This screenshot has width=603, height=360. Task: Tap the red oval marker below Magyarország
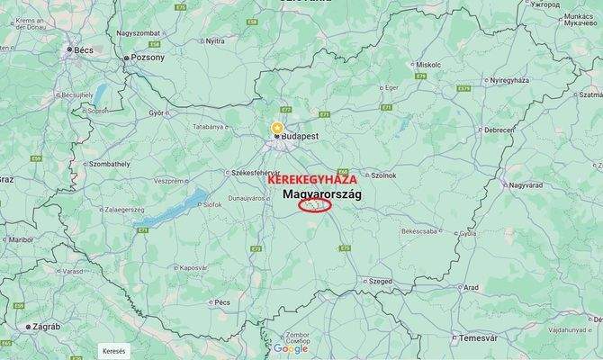point(313,204)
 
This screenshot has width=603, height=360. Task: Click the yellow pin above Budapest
point(277,127)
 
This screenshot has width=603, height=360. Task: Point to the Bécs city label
point(85,49)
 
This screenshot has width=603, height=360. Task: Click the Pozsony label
point(148,58)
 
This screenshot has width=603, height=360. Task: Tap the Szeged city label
point(380,281)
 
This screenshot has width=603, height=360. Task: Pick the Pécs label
point(222,302)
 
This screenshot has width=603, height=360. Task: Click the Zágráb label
point(44,328)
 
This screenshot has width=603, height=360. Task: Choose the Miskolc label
point(428,65)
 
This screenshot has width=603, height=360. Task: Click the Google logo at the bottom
point(290,349)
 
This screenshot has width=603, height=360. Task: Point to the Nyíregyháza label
point(508,80)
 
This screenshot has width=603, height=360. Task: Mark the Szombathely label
point(109,164)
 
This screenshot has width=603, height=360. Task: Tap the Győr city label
point(157,113)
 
